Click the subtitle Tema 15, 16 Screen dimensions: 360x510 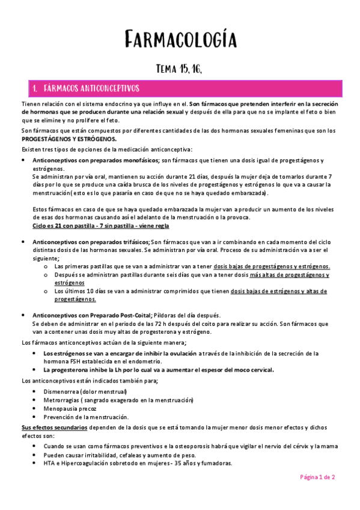pyautogui.click(x=180, y=70)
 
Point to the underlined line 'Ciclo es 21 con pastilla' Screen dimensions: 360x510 pyautogui.click(x=100, y=226)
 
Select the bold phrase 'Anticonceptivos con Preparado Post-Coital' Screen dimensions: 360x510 pyautogui.click(x=93, y=315)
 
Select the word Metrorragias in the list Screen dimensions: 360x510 pyautogui.click(x=63, y=400)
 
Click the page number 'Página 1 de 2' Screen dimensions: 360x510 pyautogui.click(x=318, y=476)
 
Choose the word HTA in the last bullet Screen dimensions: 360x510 pyautogui.click(x=49, y=463)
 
